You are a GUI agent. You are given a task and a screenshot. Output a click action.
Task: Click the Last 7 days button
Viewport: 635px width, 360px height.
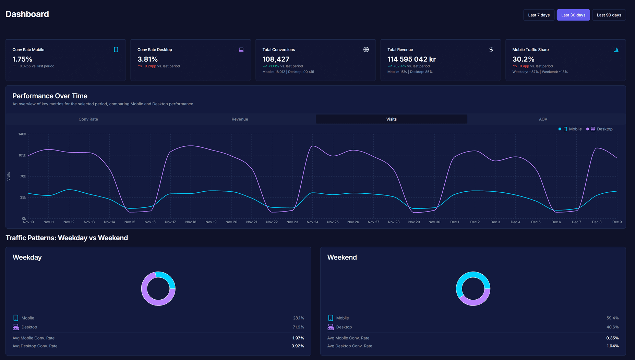539,15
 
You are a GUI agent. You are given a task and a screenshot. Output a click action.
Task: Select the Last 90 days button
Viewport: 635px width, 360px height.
609,15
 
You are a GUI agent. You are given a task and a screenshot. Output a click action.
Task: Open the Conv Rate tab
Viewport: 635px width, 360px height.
88,119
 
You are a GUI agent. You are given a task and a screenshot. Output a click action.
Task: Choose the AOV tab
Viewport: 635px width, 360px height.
543,119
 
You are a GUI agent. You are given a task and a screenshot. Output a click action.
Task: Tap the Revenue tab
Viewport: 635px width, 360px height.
240,119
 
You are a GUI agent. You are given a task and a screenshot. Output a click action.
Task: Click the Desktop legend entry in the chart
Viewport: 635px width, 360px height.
601,129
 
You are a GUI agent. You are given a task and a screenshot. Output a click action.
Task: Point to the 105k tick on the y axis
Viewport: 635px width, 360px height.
22,155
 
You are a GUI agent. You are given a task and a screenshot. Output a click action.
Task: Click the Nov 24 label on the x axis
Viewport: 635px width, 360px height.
312,222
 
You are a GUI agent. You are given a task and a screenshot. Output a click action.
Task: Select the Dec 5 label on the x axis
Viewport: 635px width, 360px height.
536,222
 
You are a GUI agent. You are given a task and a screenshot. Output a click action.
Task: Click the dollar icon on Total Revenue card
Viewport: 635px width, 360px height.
491,50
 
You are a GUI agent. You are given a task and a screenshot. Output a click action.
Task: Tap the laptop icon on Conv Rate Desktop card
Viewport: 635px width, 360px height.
241,50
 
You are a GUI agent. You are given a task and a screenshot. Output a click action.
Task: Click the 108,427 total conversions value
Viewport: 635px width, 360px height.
276,59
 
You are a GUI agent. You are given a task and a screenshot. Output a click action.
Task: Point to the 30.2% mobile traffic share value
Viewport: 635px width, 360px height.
523,59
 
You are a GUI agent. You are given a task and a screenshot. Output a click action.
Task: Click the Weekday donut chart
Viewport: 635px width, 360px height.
158,289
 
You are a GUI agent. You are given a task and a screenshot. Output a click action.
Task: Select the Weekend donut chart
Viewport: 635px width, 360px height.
473,289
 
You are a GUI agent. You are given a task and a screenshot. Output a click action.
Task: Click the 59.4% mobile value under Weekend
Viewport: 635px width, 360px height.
612,318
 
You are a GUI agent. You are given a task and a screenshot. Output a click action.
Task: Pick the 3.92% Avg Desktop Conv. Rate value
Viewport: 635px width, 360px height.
297,346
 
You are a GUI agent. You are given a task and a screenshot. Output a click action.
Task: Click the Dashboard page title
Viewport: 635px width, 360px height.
27,14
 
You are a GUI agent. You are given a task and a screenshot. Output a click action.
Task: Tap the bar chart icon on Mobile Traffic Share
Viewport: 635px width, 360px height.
616,50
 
